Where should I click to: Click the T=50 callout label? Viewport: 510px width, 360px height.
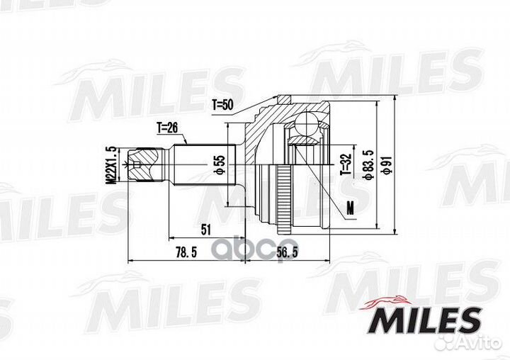click(223, 105)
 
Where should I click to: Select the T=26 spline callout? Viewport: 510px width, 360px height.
click(167, 128)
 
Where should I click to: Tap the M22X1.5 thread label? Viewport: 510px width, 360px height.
click(113, 165)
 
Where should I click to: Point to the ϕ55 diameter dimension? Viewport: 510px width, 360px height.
click(220, 164)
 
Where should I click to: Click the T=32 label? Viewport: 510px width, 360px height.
click(346, 164)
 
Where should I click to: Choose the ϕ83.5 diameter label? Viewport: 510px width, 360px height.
click(368, 164)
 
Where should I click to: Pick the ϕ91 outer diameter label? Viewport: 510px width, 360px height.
click(386, 164)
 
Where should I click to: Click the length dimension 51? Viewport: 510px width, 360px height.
click(205, 230)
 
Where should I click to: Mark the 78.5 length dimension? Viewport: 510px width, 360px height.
click(186, 252)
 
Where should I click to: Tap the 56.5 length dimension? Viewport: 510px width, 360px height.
click(287, 252)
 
